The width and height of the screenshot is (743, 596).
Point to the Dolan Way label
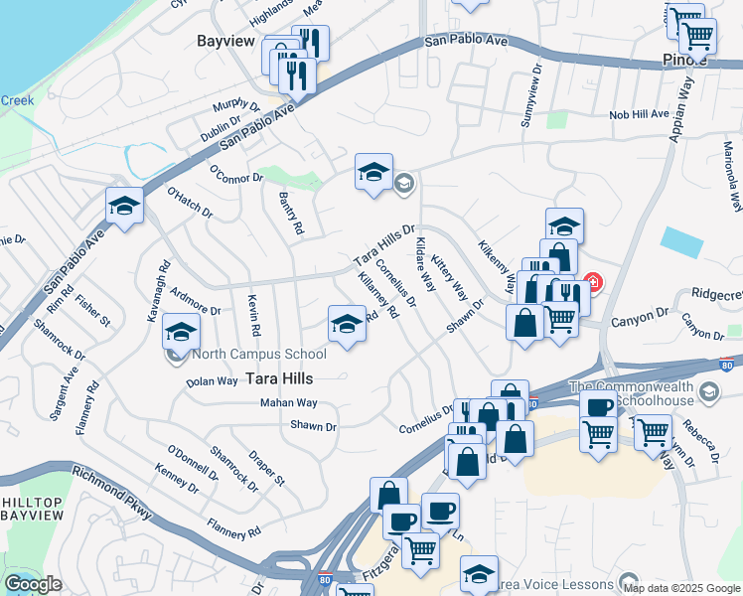point(213,380)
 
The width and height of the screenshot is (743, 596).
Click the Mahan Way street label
point(288,403)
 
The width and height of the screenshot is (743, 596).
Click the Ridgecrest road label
point(716,295)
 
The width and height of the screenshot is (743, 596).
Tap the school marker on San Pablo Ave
point(125,206)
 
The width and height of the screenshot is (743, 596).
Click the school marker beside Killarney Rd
point(347,324)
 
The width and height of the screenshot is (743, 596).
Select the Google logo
point(33,584)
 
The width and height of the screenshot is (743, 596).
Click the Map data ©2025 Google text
point(680,588)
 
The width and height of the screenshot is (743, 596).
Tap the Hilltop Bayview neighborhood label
point(32,509)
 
